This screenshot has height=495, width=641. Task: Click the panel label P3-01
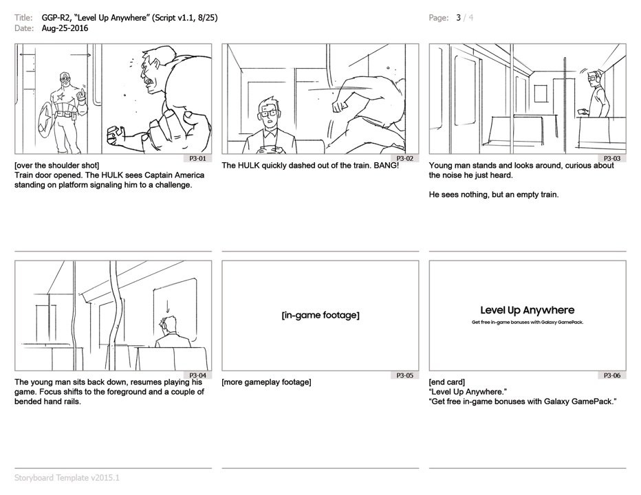(198, 159)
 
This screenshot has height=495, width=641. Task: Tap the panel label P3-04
(198, 375)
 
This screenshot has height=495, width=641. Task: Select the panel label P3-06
(612, 375)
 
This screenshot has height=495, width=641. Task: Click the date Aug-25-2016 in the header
(65, 28)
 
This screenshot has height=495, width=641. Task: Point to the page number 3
(459, 18)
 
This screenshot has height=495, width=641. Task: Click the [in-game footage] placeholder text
(320, 315)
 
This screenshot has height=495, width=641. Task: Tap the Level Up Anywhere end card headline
(528, 310)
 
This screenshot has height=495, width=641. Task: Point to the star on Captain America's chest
(61, 97)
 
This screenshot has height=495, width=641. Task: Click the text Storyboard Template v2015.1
(67, 477)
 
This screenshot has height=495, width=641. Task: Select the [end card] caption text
(447, 382)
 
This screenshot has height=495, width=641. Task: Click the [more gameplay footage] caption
(267, 382)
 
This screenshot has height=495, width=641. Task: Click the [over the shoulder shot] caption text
(57, 166)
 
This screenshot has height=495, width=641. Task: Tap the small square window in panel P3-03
(541, 93)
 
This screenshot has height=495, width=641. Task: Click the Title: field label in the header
(23, 18)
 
